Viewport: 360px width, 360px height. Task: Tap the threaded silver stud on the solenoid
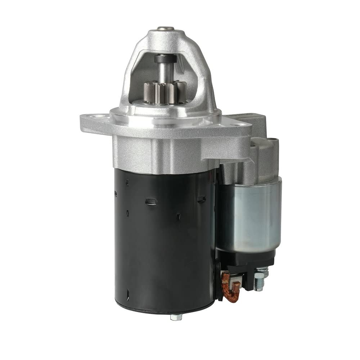click(x=261, y=279)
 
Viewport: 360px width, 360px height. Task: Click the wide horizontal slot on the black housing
click(x=151, y=201)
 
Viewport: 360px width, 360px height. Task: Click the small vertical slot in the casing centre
click(x=178, y=216)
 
